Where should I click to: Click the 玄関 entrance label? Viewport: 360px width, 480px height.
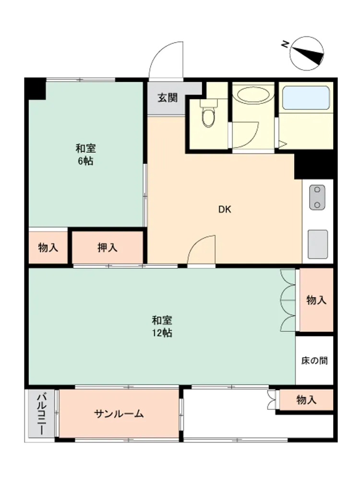(168, 98)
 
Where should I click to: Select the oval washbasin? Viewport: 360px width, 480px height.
(253, 96)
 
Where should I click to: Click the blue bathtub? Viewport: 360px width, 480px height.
(305, 97)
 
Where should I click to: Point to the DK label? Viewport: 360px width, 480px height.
(225, 209)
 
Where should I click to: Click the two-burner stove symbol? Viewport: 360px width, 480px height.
(317, 197)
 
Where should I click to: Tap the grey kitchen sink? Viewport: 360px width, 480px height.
(318, 244)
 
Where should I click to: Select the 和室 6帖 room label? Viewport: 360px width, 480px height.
(85, 155)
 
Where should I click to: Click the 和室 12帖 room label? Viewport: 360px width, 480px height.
(162, 326)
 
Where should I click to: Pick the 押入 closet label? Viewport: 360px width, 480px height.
(108, 247)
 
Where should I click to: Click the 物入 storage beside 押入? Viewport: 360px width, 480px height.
(48, 247)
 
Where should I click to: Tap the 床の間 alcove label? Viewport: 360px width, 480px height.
(314, 360)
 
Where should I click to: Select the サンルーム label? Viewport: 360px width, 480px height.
(119, 414)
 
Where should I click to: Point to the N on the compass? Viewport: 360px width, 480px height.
(285, 44)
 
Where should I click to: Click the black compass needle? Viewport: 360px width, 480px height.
(308, 55)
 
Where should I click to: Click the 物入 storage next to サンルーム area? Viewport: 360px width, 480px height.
(306, 399)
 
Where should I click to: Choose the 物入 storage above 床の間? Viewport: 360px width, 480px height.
(316, 300)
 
